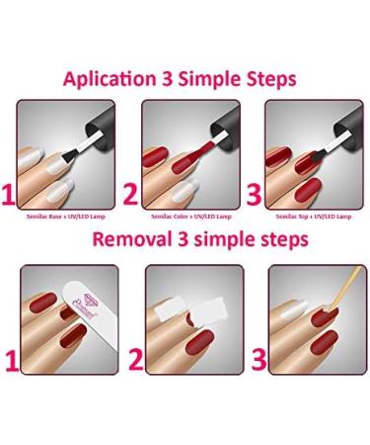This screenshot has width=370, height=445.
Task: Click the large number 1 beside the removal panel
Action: point(11,359)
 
